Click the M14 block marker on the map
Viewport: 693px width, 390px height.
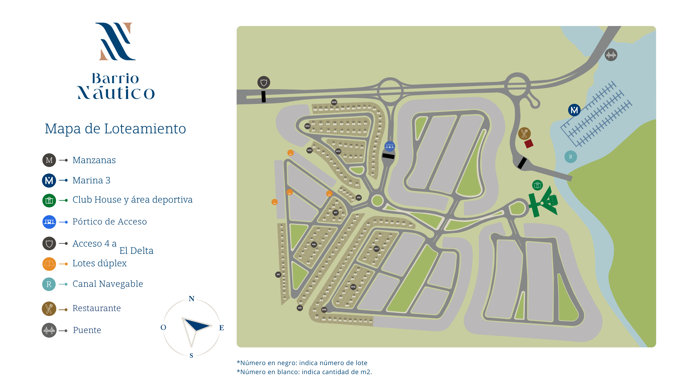pos(334,102)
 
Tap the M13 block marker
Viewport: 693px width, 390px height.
pos(307,126)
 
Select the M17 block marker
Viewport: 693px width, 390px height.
pos(376,249)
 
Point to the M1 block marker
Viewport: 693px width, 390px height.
pos(278,275)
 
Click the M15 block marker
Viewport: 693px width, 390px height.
pos(324,310)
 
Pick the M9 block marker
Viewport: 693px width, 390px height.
pos(358,198)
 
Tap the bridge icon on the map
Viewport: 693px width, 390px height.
pos(611,55)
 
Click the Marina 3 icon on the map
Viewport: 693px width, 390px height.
pos(574,110)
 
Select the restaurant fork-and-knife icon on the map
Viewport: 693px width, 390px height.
pos(524,134)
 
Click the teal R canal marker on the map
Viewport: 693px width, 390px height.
pos(571,157)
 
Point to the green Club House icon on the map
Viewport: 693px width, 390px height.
pos(537,185)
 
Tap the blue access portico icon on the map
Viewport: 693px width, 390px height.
pos(389,146)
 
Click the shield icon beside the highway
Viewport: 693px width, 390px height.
pos(263,82)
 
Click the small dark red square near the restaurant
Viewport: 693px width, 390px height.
pos(529,144)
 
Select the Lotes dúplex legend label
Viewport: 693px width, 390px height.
pos(99,263)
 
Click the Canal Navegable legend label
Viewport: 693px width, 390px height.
pos(108,284)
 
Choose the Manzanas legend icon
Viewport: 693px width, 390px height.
pos(49,160)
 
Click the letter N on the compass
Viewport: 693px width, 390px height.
pos(192,299)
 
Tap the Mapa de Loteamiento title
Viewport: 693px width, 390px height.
pos(115,129)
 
